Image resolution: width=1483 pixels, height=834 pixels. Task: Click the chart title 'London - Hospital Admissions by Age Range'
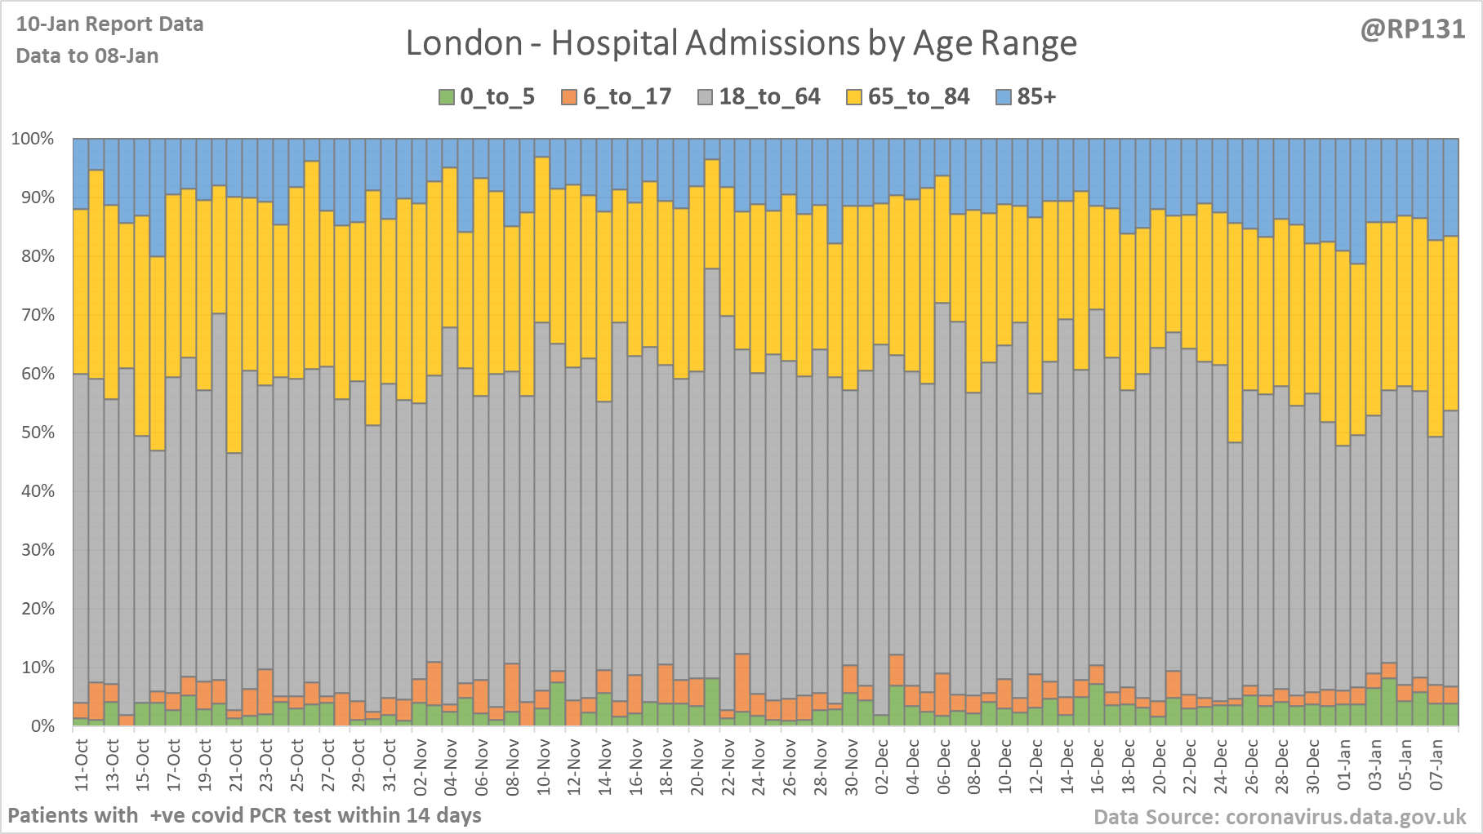click(x=741, y=43)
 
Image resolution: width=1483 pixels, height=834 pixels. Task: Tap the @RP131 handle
click(x=1412, y=29)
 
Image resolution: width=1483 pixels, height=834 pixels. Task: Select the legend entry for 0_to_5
click(x=487, y=97)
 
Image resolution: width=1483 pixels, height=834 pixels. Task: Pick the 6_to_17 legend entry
click(x=617, y=97)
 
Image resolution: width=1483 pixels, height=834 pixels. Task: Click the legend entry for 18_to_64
click(x=759, y=97)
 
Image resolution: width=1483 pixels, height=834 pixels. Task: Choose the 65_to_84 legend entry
click(x=907, y=97)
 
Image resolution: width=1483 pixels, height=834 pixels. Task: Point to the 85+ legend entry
click(x=1027, y=97)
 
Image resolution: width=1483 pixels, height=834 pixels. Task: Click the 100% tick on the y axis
click(x=33, y=139)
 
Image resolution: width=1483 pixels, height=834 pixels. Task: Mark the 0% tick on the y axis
click(x=42, y=726)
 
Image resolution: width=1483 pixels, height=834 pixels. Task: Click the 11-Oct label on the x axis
click(x=82, y=765)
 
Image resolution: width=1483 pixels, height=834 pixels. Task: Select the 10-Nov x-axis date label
click(x=543, y=765)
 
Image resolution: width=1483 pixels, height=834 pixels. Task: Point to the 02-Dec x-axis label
click(x=882, y=765)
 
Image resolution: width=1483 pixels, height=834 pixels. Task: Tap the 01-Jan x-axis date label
click(x=1343, y=765)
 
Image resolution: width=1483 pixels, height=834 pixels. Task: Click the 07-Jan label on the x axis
click(x=1436, y=765)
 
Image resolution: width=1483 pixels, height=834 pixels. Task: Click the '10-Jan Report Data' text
click(x=109, y=24)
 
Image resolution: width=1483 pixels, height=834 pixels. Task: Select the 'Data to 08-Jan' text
click(x=87, y=55)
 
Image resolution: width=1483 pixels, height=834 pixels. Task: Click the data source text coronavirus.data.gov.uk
click(x=1280, y=817)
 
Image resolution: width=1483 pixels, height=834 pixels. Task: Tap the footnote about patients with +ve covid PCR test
click(x=244, y=815)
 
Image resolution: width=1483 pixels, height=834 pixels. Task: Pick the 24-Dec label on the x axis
click(x=1221, y=765)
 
